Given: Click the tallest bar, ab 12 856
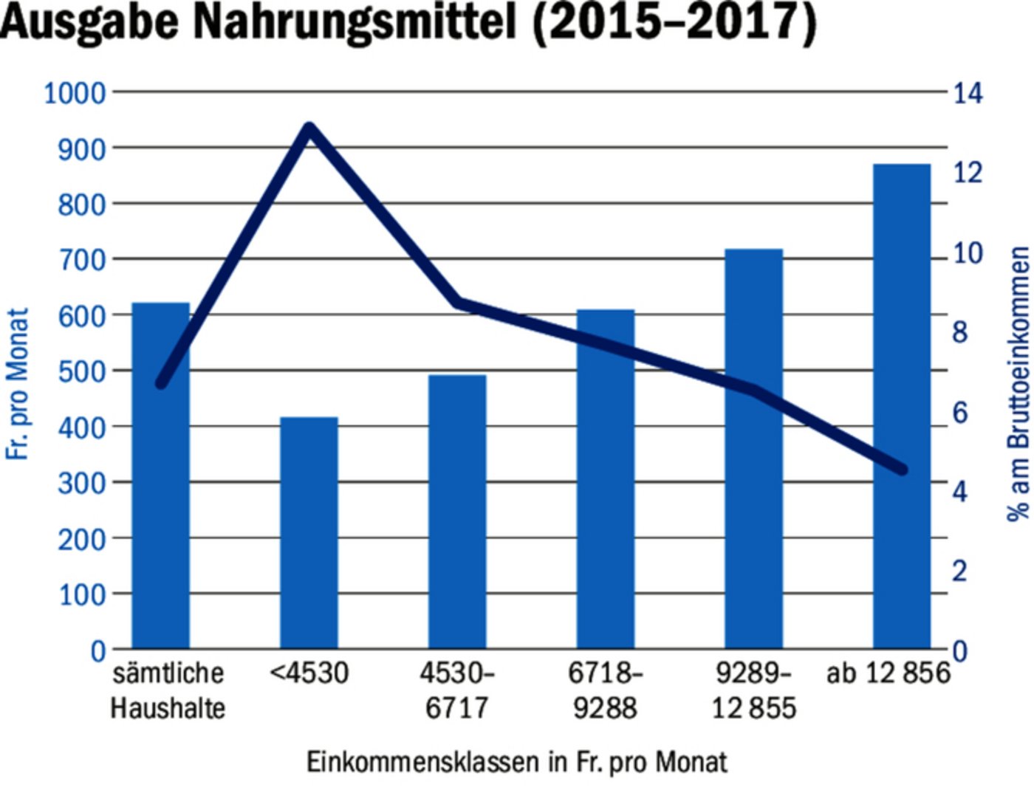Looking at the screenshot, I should (x=901, y=406).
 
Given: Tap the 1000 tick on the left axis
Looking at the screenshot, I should (x=75, y=94).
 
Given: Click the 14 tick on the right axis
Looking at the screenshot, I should (x=968, y=94).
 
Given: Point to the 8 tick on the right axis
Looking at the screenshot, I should (x=959, y=333).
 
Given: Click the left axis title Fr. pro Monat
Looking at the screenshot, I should (x=18, y=384).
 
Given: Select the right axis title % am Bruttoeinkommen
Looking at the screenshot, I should (x=1018, y=384).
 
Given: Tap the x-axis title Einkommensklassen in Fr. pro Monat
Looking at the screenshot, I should (x=516, y=762).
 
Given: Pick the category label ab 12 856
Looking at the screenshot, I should (x=888, y=673).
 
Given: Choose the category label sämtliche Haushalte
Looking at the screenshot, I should (x=168, y=690).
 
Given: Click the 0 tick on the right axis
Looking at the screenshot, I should (x=959, y=651).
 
